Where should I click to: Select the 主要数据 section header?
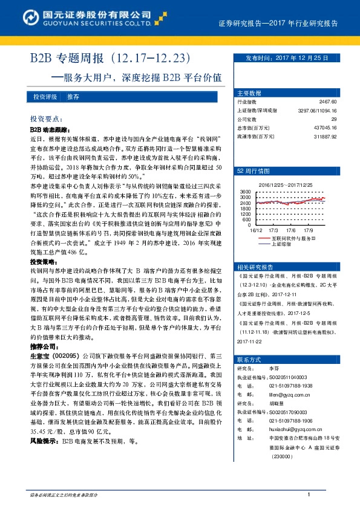pyautogui.click(x=249, y=93)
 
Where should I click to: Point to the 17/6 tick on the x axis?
pyautogui.click(x=290, y=230)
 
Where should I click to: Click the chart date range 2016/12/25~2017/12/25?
pyautogui.click(x=284, y=184)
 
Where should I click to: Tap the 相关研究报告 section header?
pyautogui.click(x=254, y=267)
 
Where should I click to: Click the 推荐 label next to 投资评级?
pyautogui.click(x=73, y=97)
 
